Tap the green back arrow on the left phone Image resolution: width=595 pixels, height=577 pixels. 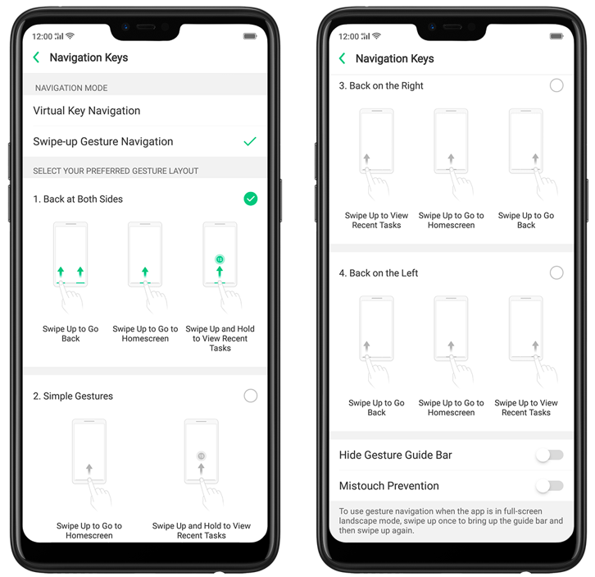tap(36, 57)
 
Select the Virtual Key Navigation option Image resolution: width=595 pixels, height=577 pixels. tap(87, 111)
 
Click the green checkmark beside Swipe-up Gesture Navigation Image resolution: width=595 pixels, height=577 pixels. tap(250, 141)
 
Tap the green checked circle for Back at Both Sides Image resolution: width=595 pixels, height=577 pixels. tap(251, 199)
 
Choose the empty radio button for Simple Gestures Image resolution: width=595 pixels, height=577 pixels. tap(251, 396)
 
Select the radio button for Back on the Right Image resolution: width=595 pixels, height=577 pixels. tap(556, 85)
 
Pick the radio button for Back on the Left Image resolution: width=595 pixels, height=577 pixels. tap(556, 272)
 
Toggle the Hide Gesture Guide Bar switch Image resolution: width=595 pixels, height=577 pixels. tap(549, 455)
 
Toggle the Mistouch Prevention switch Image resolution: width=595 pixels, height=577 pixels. tap(549, 486)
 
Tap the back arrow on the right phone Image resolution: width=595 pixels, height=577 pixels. tap(343, 58)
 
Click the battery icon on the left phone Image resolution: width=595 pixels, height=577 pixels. tap(250, 36)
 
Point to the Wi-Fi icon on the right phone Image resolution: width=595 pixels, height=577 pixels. tap(376, 36)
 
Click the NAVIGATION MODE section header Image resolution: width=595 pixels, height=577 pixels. tap(71, 88)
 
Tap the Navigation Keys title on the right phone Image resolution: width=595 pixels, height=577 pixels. tap(395, 58)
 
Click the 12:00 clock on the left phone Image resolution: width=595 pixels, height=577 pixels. tap(42, 36)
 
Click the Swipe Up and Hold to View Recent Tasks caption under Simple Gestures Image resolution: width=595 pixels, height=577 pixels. tap(202, 531)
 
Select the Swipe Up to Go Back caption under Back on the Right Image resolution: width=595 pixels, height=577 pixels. tap(526, 221)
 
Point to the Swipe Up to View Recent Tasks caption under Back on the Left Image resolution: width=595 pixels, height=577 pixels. tap(526, 407)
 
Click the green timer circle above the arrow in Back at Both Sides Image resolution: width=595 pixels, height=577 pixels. tap(220, 259)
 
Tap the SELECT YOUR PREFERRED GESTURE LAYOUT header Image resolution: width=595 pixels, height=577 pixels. tap(116, 171)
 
